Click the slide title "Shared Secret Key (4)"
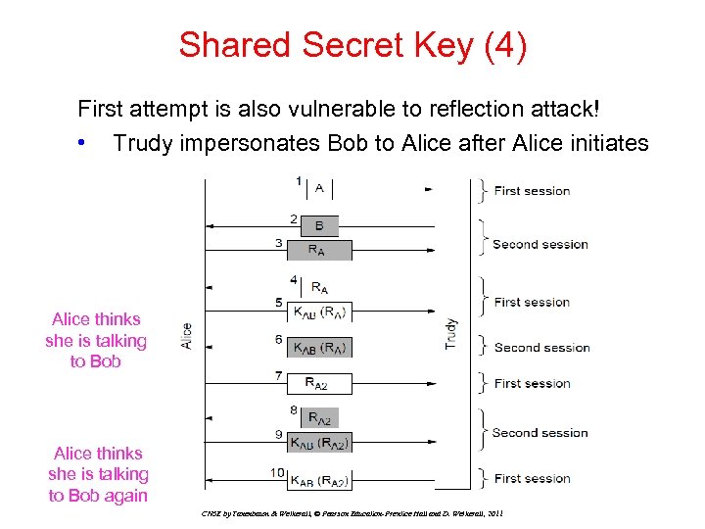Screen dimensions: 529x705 pyautogui.click(x=352, y=45)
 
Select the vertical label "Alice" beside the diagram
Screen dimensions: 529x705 pyautogui.click(x=187, y=336)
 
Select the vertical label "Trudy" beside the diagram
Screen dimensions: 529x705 pyautogui.click(x=451, y=334)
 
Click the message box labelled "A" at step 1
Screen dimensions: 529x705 pyautogui.click(x=320, y=187)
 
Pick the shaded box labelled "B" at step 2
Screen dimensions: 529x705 pyautogui.click(x=319, y=225)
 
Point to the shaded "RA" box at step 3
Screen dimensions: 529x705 pyautogui.click(x=316, y=250)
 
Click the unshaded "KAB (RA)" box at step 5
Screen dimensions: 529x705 pyautogui.click(x=320, y=313)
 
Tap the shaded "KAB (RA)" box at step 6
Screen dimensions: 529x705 pyautogui.click(x=320, y=348)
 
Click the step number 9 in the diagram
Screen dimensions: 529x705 pyautogui.click(x=280, y=434)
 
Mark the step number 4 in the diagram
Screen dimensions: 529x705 pyautogui.click(x=293, y=279)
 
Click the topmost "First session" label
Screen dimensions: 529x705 pyautogui.click(x=532, y=190)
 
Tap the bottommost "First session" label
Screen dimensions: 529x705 pyautogui.click(x=532, y=478)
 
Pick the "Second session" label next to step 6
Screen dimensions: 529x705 pyautogui.click(x=541, y=347)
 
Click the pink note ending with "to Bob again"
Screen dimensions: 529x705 pyautogui.click(x=98, y=474)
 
